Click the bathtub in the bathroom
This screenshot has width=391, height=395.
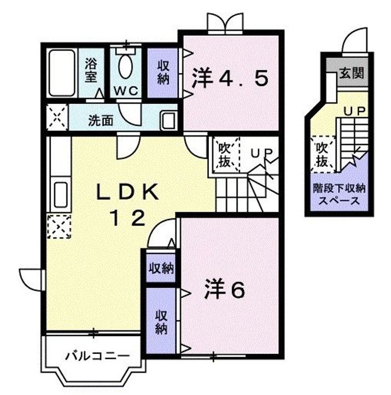click(61, 73)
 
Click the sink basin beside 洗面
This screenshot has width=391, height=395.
click(168, 120)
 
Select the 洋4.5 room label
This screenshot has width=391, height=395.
click(230, 80)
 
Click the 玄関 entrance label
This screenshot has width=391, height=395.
click(352, 73)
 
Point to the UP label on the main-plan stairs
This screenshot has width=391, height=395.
click(262, 153)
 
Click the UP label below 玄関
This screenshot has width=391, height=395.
click(354, 111)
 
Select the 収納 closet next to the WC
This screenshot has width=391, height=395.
click(164, 72)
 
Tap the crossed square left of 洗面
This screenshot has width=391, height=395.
click(55, 117)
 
